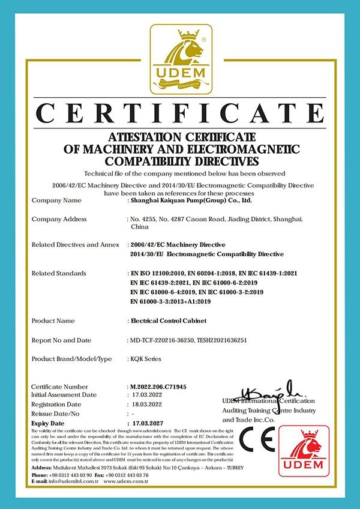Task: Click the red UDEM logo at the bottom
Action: click(x=304, y=451)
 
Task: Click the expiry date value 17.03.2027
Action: click(x=147, y=423)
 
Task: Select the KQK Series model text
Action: click(x=145, y=359)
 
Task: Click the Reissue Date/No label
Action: click(x=55, y=414)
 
